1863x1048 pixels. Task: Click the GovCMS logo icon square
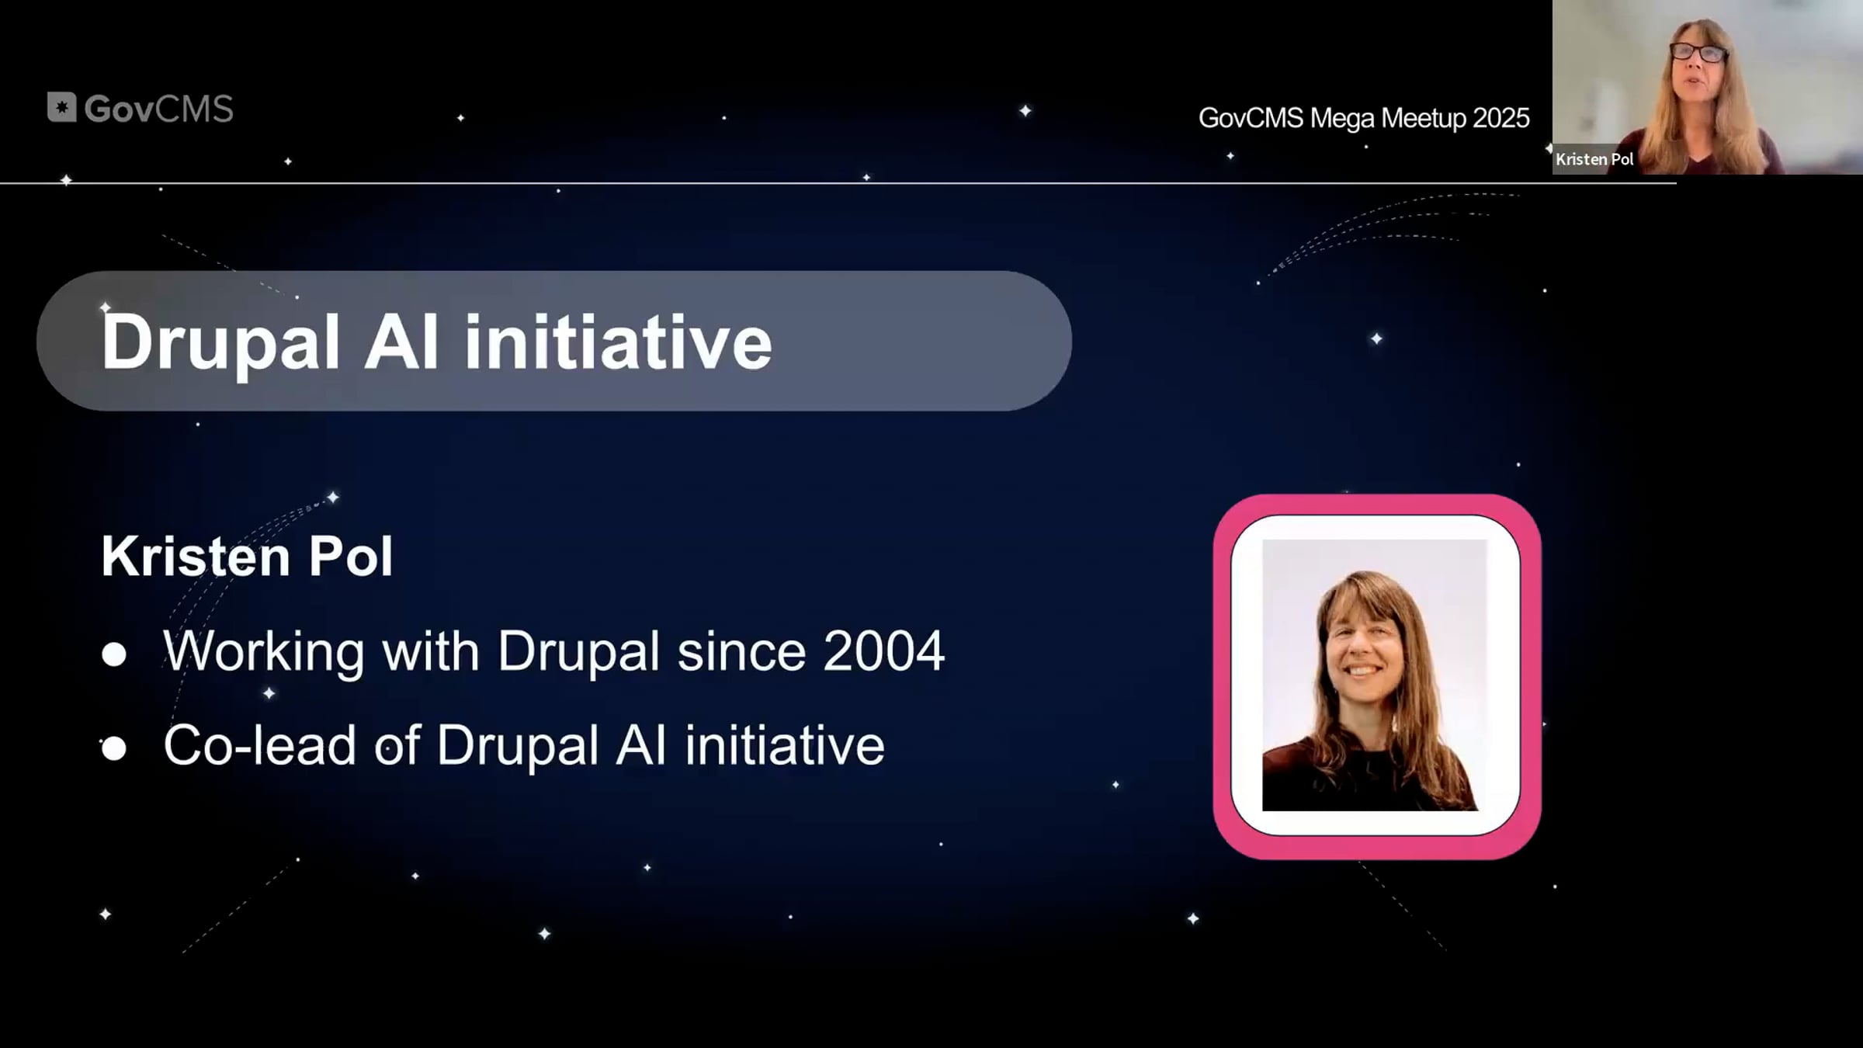62,107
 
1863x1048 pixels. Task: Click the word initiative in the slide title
618,342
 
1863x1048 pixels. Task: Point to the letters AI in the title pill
401,342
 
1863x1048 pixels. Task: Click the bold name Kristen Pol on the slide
247,556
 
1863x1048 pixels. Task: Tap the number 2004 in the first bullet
883,651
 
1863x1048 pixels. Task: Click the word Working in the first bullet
264,652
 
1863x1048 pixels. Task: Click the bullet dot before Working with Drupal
114,654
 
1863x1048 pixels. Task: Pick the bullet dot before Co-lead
114,748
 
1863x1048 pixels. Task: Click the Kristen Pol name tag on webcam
1594,159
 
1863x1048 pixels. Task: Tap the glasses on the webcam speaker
1698,53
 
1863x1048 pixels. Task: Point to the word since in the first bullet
741,651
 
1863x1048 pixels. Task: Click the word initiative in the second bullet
784,745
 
